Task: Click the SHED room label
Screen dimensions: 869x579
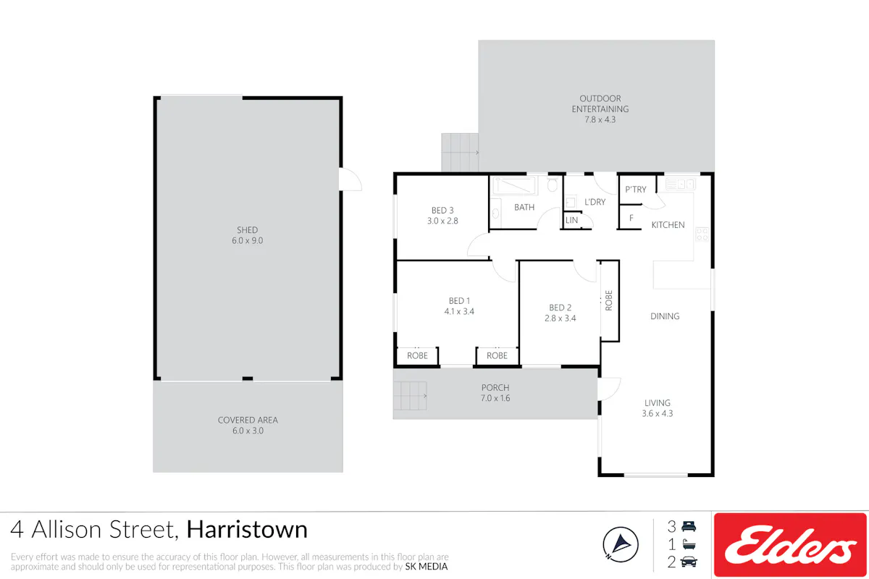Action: point(247,230)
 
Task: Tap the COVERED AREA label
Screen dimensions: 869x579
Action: point(248,420)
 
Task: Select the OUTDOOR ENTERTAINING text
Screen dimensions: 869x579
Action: point(600,104)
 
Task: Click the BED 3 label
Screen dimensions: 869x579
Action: point(442,210)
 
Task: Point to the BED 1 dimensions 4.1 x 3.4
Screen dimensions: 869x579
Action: point(459,311)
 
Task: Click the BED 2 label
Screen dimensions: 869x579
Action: point(560,308)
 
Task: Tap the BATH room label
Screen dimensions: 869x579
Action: point(524,208)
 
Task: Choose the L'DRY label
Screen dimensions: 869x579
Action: point(595,202)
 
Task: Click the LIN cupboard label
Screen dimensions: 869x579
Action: point(571,220)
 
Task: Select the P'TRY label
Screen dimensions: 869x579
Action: point(636,190)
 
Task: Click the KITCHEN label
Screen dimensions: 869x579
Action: point(668,225)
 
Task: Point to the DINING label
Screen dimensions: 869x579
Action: point(665,316)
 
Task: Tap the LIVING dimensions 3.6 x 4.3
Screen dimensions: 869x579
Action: point(658,414)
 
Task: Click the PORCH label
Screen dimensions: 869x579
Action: point(495,387)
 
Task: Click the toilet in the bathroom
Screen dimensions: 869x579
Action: point(553,184)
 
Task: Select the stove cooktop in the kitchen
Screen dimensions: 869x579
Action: point(702,234)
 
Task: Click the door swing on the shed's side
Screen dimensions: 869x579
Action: point(350,179)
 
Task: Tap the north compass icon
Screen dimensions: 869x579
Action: point(621,544)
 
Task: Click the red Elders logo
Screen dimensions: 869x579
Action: point(790,545)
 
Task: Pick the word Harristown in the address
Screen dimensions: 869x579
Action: point(247,529)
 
